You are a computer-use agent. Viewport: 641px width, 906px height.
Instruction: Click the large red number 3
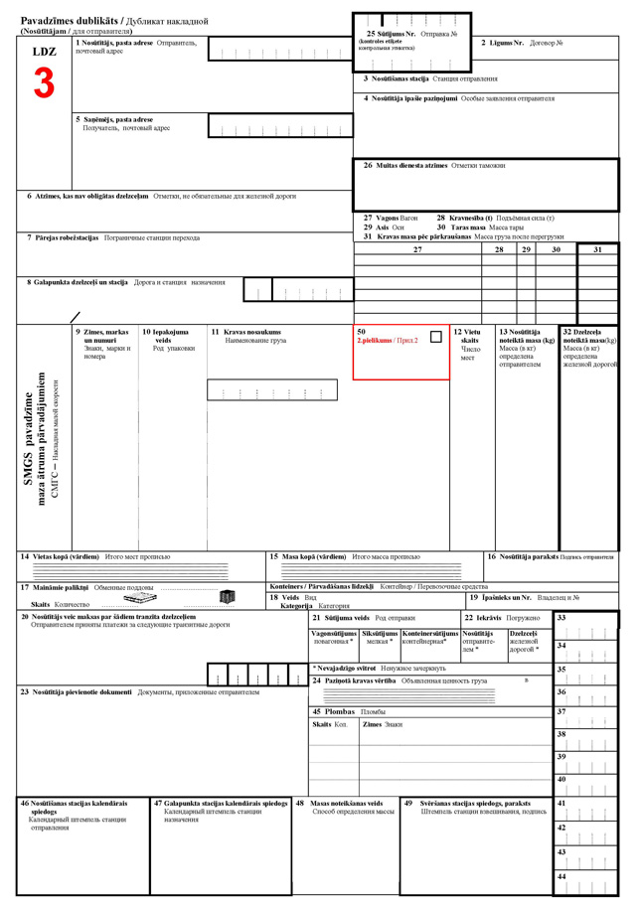pyautogui.click(x=44, y=83)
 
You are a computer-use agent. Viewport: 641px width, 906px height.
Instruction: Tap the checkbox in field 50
pyautogui.click(x=435, y=337)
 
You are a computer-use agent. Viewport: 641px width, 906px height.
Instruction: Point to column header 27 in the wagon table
pyautogui.click(x=417, y=249)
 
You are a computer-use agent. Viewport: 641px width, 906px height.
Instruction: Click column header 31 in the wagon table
pyautogui.click(x=597, y=249)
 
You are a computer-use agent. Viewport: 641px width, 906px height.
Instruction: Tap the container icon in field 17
pyautogui.click(x=227, y=597)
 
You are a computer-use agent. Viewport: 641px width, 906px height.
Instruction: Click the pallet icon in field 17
pyautogui.click(x=140, y=598)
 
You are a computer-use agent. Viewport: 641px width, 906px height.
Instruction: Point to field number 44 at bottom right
pyautogui.click(x=561, y=876)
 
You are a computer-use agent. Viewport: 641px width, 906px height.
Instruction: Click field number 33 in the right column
pyautogui.click(x=561, y=618)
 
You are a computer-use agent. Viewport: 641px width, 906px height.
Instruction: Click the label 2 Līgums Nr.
pyautogui.click(x=502, y=44)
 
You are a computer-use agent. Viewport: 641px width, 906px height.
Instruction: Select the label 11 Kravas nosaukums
pyautogui.click(x=245, y=332)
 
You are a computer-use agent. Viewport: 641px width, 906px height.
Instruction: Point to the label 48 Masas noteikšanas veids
pyautogui.click(x=339, y=803)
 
